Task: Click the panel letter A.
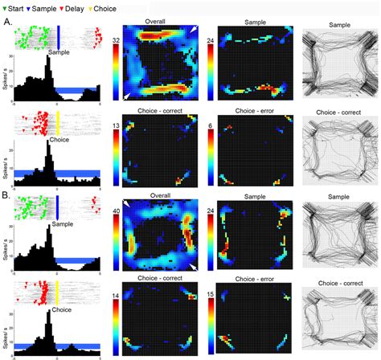7,23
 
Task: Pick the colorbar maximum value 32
117,39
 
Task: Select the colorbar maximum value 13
117,125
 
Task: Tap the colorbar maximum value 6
211,126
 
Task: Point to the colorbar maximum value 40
117,211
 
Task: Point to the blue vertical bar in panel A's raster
59,37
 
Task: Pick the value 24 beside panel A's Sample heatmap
210,39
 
